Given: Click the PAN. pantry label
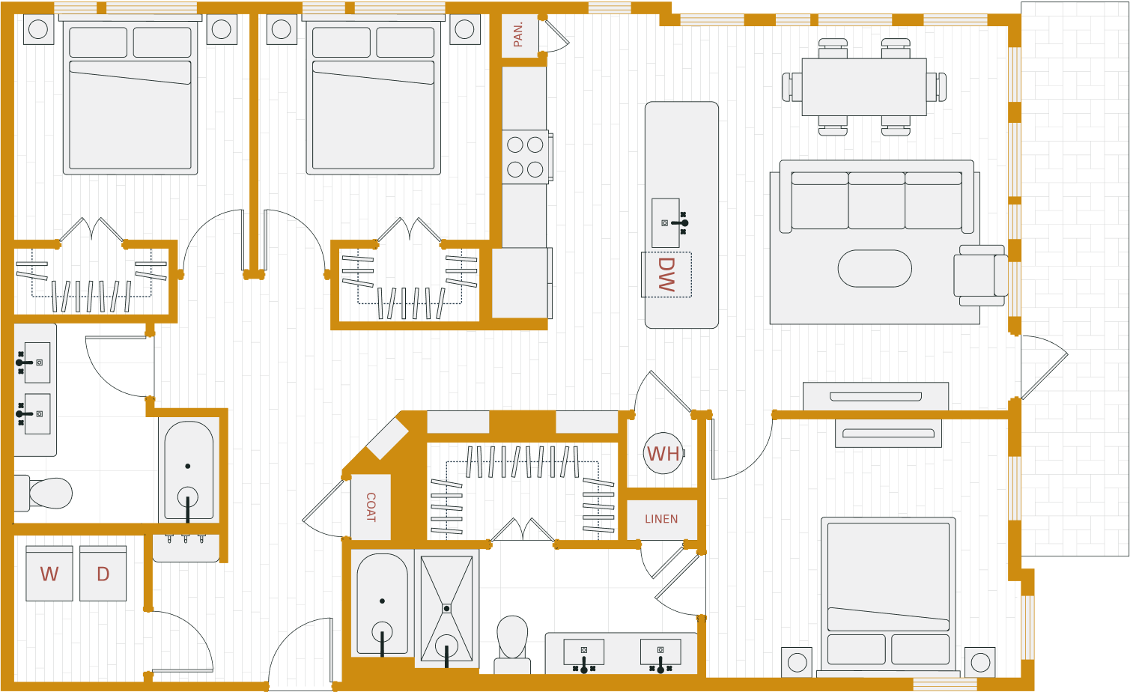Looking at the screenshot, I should [519, 34].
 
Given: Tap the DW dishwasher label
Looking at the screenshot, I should [666, 274].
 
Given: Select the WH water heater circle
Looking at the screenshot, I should [663, 454].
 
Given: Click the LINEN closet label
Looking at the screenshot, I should [661, 519].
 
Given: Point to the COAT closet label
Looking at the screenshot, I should [371, 507].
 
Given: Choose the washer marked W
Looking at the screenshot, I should [49, 574].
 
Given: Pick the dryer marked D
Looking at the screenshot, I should [103, 574].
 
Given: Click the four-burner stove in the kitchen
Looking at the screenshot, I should [525, 157].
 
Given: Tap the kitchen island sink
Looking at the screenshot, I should [666, 222].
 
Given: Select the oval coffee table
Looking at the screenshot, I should [875, 268].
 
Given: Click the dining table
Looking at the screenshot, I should [863, 87].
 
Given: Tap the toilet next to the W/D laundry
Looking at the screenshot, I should [45, 493].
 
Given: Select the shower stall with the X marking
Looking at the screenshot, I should [446, 608].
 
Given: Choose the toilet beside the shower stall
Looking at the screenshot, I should [512, 640].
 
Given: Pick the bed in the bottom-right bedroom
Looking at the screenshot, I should [888, 593].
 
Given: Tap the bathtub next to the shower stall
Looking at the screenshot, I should [383, 604].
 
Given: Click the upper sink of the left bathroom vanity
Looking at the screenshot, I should [37, 362].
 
